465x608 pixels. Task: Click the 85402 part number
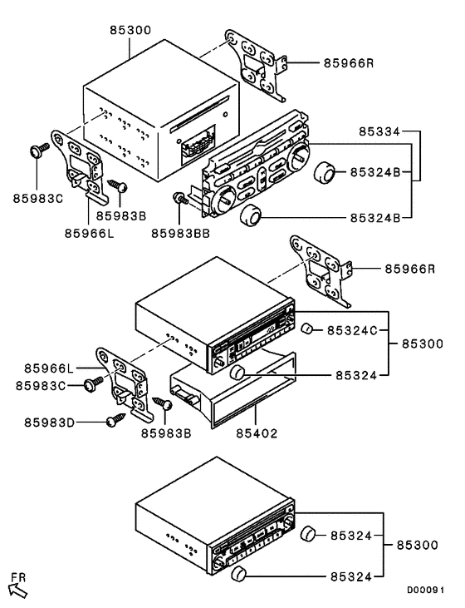click(x=257, y=433)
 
